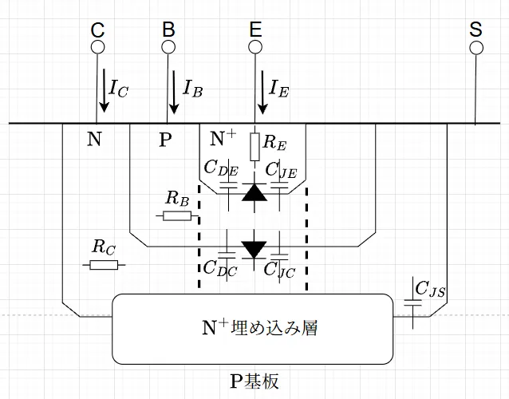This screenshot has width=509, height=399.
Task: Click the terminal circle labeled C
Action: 98,47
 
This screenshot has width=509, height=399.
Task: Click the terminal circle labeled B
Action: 168,47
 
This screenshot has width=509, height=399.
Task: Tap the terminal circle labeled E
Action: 255,47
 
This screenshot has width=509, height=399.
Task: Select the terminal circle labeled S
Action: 476,47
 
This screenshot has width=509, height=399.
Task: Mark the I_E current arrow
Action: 258,89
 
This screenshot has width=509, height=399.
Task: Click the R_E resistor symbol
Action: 255,145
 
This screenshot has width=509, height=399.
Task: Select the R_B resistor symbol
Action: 176,216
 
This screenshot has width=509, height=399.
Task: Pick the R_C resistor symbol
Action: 105,264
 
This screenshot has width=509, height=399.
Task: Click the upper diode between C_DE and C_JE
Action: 254,192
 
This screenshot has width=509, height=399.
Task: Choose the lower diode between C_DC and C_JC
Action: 254,249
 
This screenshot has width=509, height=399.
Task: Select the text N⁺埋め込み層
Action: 252,326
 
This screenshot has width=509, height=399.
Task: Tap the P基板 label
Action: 254,381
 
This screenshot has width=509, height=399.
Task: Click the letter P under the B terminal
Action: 165,141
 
